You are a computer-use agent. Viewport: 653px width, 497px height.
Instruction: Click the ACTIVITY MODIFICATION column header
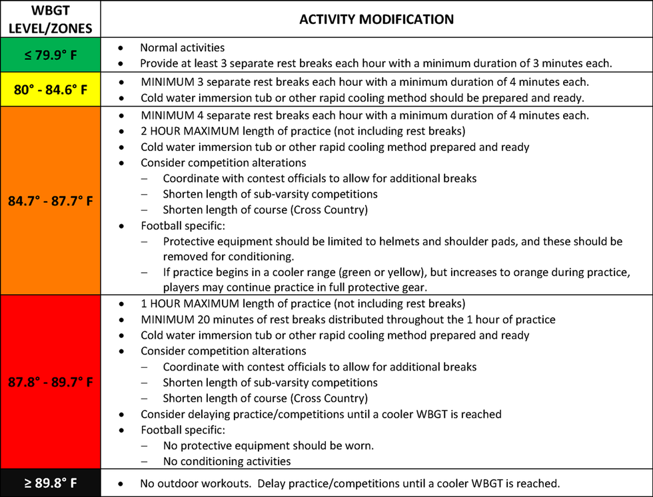(x=376, y=19)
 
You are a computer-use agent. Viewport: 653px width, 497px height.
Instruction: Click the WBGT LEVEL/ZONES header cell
(x=51, y=19)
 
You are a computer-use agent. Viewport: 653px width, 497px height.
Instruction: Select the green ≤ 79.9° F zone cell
(x=51, y=55)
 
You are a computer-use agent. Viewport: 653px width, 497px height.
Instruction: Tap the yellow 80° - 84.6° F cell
(x=51, y=89)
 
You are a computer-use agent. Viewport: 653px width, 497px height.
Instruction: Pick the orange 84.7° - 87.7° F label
(x=51, y=200)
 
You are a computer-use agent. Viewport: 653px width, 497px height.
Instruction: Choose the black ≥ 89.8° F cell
(x=51, y=483)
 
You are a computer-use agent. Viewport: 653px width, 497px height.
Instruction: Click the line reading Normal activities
(x=182, y=48)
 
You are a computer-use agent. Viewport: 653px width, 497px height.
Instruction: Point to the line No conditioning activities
(x=227, y=461)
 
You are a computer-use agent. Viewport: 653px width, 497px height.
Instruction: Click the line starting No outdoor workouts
(x=350, y=483)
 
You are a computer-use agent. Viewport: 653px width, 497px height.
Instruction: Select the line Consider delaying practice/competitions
(x=321, y=414)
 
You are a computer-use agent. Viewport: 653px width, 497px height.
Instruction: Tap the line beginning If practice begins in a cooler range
(x=396, y=273)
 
